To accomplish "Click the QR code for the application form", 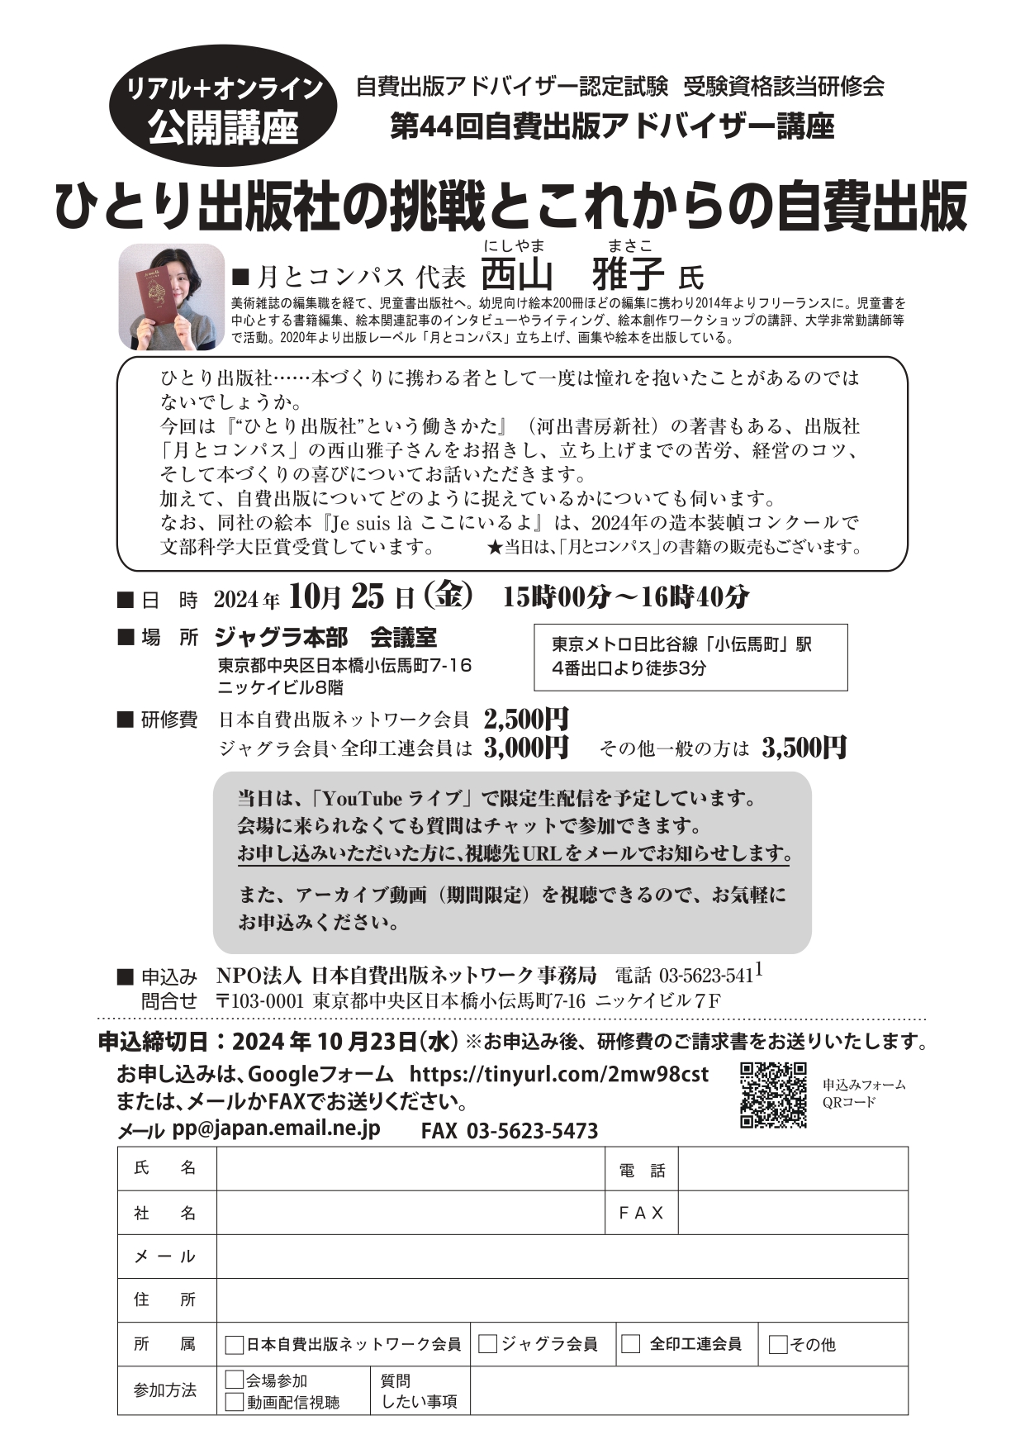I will [773, 1095].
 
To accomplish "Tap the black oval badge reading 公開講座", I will [223, 106].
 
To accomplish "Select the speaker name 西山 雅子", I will [572, 274].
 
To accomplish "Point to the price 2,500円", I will [526, 718].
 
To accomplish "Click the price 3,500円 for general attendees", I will [804, 748].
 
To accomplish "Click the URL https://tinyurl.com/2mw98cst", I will [559, 1074].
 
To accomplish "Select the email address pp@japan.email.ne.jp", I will [276, 1128].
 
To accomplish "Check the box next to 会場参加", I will [235, 1380].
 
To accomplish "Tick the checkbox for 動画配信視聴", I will [235, 1401].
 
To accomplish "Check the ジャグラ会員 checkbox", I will [488, 1344].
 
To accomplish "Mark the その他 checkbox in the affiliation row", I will [777, 1344].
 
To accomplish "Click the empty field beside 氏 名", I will [410, 1168].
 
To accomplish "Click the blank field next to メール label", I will [562, 1257].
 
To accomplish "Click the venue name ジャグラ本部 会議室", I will [325, 637].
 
